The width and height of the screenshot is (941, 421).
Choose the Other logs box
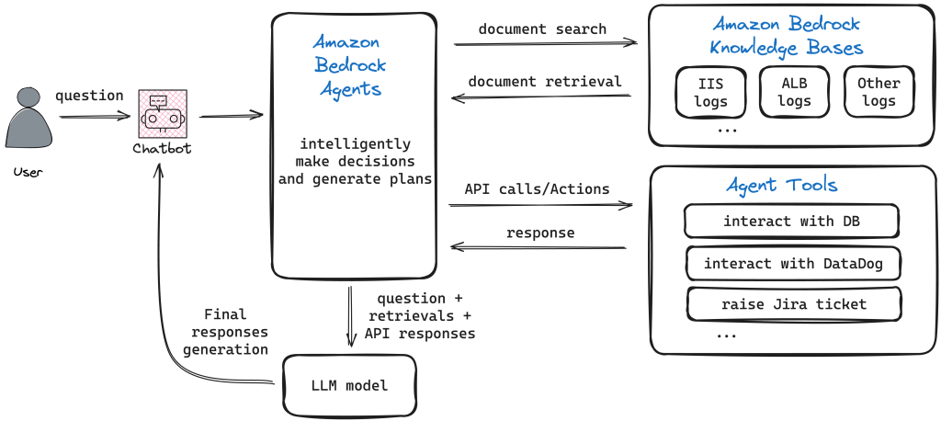(x=879, y=92)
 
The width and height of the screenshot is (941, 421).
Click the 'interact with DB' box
(x=791, y=222)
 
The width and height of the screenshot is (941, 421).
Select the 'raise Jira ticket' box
(x=793, y=304)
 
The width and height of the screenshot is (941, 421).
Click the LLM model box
(x=348, y=385)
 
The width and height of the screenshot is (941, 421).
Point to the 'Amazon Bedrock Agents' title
(x=350, y=65)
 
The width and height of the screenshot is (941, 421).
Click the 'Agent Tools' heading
(x=781, y=186)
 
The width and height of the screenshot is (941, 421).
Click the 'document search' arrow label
(x=542, y=29)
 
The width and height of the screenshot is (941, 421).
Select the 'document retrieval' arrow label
(x=544, y=82)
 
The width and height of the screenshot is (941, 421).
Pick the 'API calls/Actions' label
(x=537, y=189)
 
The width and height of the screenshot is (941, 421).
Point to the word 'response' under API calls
(x=540, y=233)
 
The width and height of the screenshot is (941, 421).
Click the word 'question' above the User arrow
(x=89, y=96)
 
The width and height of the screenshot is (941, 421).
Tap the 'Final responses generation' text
(x=225, y=332)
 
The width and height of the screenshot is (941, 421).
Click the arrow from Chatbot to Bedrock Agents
(x=231, y=116)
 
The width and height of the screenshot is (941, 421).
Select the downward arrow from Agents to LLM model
(x=350, y=313)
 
